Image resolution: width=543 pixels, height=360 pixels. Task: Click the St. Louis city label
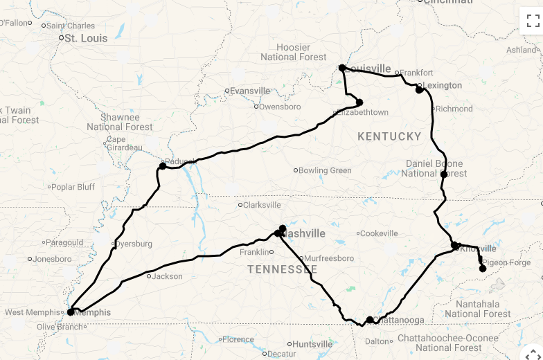(x=85, y=38)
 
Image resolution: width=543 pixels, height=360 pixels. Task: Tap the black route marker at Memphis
(x=71, y=312)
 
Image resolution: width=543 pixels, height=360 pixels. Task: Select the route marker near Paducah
(x=162, y=165)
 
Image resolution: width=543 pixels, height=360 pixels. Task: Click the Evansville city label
(x=250, y=91)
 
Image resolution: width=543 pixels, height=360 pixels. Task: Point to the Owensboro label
(x=280, y=107)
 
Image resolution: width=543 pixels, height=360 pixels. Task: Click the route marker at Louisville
(x=342, y=68)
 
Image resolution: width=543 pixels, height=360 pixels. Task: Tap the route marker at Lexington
(x=419, y=89)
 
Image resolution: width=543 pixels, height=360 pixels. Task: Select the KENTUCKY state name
(x=389, y=136)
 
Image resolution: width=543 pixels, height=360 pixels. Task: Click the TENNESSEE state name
(x=282, y=269)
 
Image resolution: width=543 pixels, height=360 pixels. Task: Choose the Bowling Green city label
(x=325, y=170)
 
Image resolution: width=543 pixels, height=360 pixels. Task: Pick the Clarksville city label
(x=262, y=205)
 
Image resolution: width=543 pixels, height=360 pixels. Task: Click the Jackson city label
(x=168, y=276)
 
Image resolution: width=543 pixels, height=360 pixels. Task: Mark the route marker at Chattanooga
(x=370, y=320)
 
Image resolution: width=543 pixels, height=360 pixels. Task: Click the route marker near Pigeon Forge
(x=483, y=268)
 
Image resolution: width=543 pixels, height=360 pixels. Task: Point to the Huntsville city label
(x=312, y=344)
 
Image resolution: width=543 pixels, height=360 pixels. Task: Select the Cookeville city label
(x=380, y=233)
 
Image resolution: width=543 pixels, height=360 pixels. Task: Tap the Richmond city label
(x=454, y=109)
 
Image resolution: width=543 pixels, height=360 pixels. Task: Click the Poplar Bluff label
(x=73, y=187)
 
